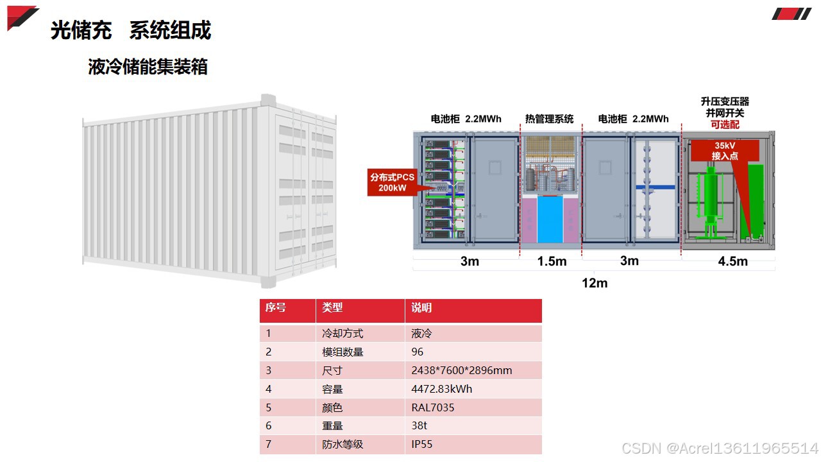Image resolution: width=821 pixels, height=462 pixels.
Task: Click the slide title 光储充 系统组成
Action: coord(131,30)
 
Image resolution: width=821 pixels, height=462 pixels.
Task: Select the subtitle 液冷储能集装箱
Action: coord(148,66)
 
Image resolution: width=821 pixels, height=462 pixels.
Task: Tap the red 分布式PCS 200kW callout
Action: coord(393,182)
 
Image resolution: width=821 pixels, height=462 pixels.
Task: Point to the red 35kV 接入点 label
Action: coord(725,151)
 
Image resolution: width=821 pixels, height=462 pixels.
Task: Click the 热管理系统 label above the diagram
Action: coord(549,119)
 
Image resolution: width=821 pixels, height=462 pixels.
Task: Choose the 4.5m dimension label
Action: coord(732,261)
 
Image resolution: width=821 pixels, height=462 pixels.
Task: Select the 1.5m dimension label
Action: coord(552,261)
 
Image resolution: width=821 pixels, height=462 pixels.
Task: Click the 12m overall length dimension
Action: coord(595,283)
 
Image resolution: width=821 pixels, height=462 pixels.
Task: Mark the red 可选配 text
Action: coord(725,124)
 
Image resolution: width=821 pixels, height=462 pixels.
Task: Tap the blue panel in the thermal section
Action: coord(550,219)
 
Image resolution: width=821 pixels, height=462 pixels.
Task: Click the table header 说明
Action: coord(421,308)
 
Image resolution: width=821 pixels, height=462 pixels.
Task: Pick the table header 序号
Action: coord(276,308)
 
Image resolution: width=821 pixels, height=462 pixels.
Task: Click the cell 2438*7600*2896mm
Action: coord(461,370)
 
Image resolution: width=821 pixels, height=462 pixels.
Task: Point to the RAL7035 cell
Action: coord(432,407)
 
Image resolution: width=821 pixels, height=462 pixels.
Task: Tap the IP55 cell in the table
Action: coord(422,444)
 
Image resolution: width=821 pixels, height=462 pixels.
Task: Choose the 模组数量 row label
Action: coord(343,352)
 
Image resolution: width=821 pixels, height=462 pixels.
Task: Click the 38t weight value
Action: coord(419,425)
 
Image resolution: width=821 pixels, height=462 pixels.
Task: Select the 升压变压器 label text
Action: coord(725,101)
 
